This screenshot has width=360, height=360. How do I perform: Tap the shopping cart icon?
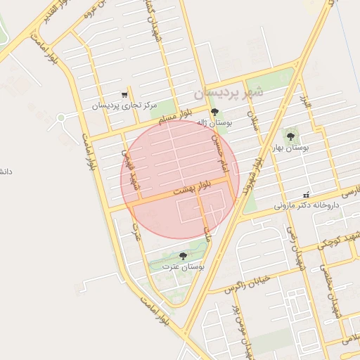[x=124, y=94]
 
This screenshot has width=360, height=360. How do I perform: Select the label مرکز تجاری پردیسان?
[x=124, y=106]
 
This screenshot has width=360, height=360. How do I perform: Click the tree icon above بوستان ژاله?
[x=214, y=112]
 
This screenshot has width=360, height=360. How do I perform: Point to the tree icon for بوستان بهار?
[x=290, y=136]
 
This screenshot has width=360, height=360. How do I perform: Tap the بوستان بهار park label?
[x=290, y=148]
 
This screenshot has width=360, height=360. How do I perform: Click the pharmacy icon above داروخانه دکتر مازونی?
[x=306, y=195]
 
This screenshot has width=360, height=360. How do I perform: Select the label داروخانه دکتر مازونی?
[x=307, y=206]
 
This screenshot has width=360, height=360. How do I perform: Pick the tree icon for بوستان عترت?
[x=184, y=256]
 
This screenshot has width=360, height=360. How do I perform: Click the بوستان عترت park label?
[x=183, y=267]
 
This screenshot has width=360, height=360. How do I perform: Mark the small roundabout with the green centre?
[x=61, y=117]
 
